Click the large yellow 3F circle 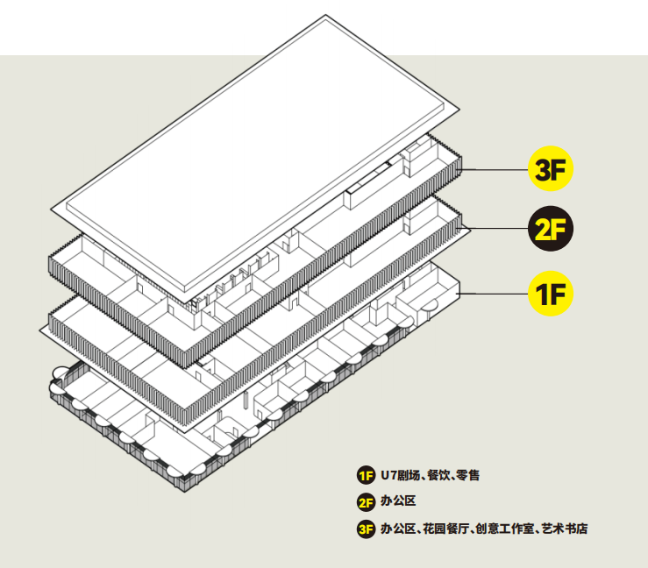click(551, 168)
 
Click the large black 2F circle click(551, 229)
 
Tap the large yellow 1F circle click(551, 294)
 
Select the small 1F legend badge click(366, 475)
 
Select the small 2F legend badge click(366, 502)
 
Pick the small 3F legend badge click(366, 529)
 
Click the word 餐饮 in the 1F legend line click(438, 475)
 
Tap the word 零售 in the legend click(468, 475)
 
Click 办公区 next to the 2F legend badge click(398, 501)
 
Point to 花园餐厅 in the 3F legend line click(445, 529)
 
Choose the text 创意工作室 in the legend click(504, 529)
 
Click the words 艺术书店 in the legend click(565, 529)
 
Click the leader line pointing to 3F click(495, 169)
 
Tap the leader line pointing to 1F click(494, 294)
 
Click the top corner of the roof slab click(325, 15)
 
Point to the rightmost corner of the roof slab click(459, 110)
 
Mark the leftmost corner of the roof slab click(51, 209)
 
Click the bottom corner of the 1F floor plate click(184, 492)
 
